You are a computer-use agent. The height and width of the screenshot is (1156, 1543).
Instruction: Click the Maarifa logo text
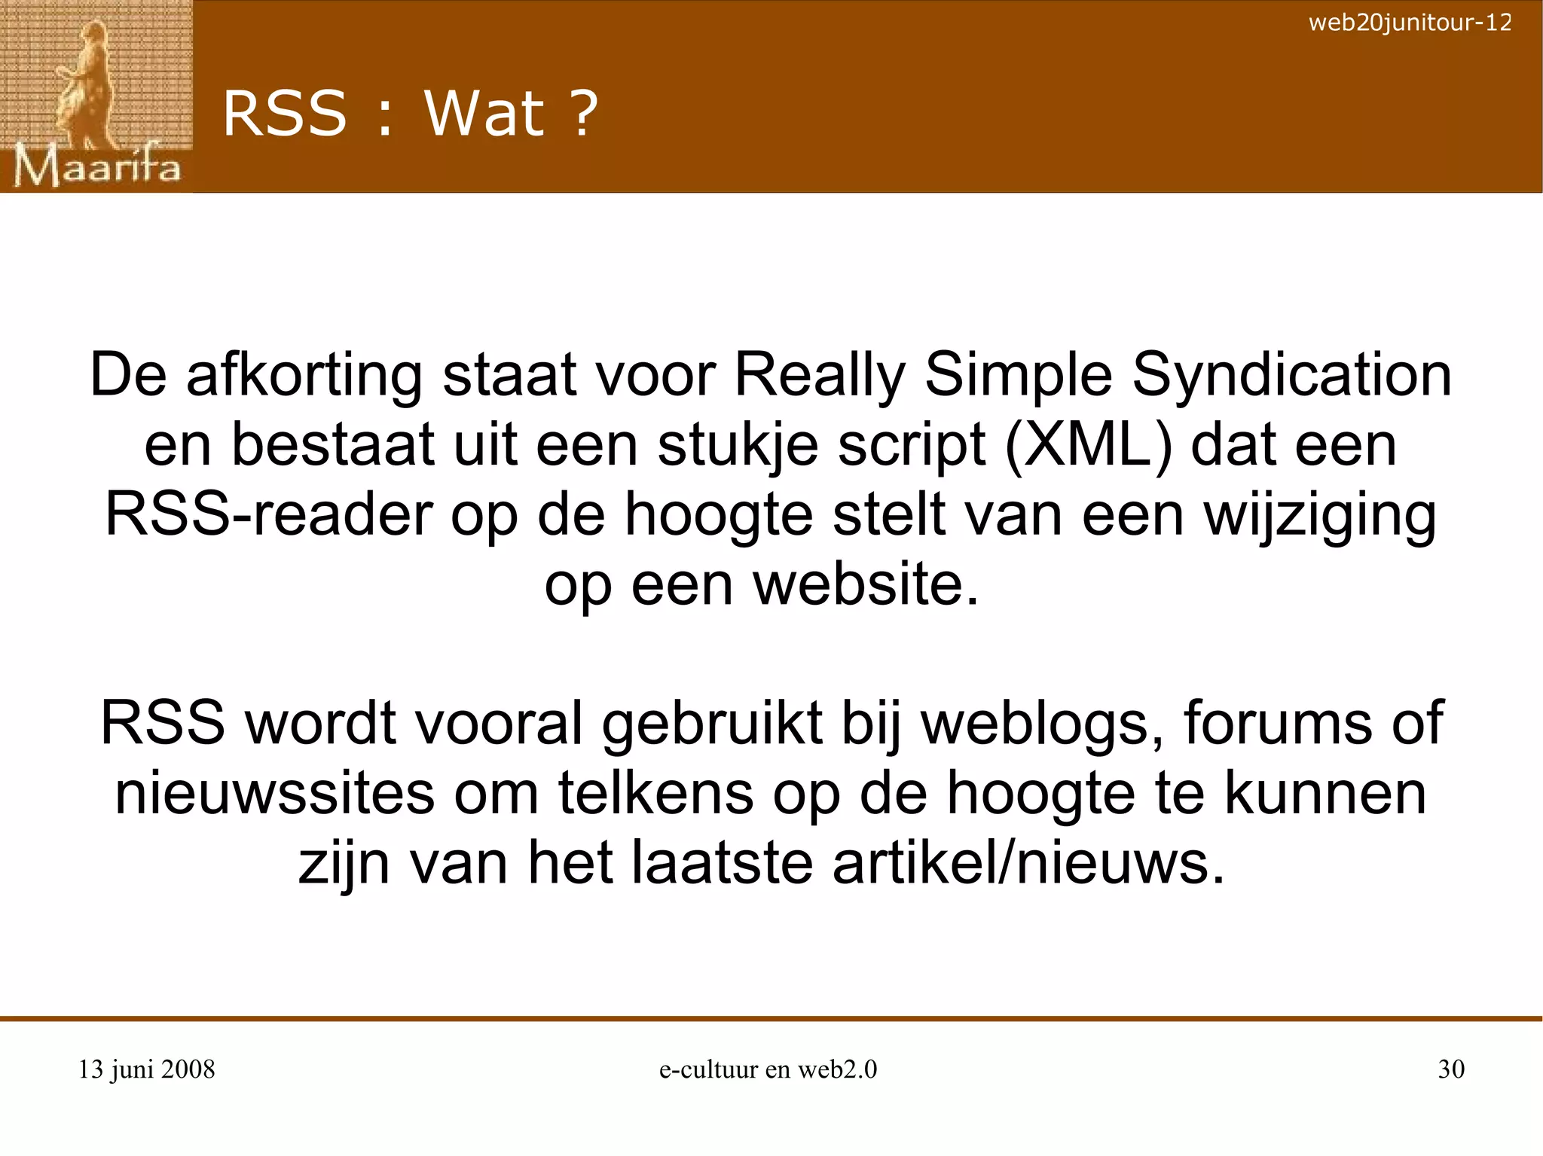(97, 166)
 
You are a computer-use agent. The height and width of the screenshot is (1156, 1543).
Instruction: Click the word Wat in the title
(484, 114)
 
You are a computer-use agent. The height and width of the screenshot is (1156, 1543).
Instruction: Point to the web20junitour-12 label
(1410, 23)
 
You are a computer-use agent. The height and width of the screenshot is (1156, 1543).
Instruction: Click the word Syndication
(1291, 375)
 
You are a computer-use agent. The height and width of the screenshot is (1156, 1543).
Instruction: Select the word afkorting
(304, 375)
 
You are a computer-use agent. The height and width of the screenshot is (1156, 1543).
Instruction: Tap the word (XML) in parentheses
(1089, 445)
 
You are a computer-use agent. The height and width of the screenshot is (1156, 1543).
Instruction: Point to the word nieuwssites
(274, 793)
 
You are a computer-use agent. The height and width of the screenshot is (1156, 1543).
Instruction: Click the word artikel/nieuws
(1028, 863)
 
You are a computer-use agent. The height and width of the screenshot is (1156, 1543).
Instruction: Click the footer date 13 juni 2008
(147, 1069)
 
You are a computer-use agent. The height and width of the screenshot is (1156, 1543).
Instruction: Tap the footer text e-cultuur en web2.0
(768, 1069)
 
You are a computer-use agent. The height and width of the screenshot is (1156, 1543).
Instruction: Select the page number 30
(1451, 1069)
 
